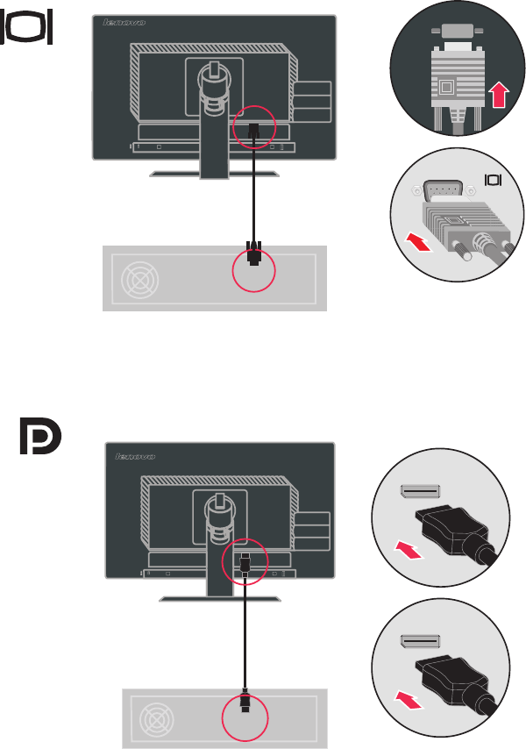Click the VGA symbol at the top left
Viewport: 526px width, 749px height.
coord(30,28)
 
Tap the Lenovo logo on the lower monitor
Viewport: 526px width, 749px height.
coord(135,456)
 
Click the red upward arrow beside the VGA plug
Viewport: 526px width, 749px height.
coord(498,94)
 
